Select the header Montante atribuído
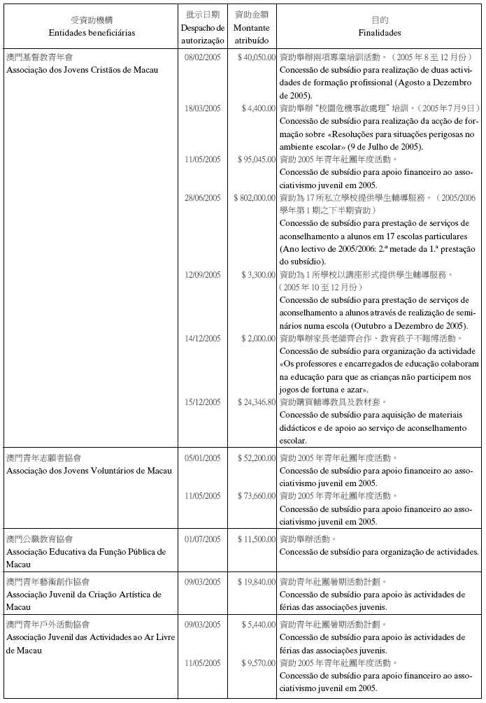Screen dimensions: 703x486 point(252,32)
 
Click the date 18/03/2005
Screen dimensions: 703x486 point(202,108)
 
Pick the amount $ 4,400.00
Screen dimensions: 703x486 point(259,108)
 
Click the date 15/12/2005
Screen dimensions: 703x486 point(202,402)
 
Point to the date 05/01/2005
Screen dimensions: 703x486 point(202,457)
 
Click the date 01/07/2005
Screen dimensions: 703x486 point(202,539)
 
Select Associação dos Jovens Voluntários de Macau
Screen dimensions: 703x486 point(85,470)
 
